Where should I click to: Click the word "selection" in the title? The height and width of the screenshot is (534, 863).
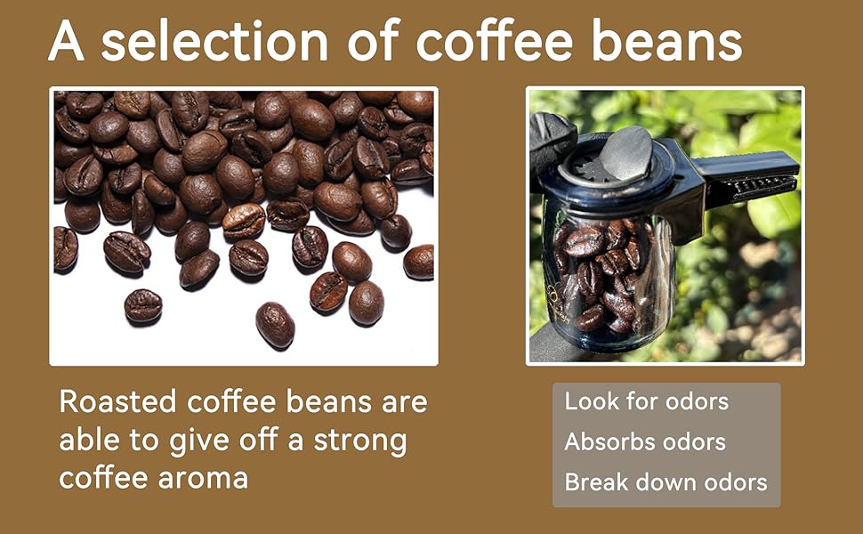pos(214,41)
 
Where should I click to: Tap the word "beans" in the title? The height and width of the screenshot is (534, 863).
pos(667,41)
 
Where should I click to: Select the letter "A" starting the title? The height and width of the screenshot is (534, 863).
pos(67,41)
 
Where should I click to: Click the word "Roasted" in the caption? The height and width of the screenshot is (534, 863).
pos(117,401)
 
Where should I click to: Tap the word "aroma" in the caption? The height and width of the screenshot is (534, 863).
pos(203,479)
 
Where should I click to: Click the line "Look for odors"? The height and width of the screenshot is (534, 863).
pos(647,401)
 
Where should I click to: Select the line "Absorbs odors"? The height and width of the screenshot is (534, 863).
pos(645,441)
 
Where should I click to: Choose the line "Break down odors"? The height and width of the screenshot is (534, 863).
pos(666,481)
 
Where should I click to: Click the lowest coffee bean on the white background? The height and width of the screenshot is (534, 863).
pos(275,325)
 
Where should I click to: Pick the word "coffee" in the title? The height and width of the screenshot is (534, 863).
pos(494,41)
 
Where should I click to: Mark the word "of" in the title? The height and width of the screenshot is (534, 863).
pos(372,41)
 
